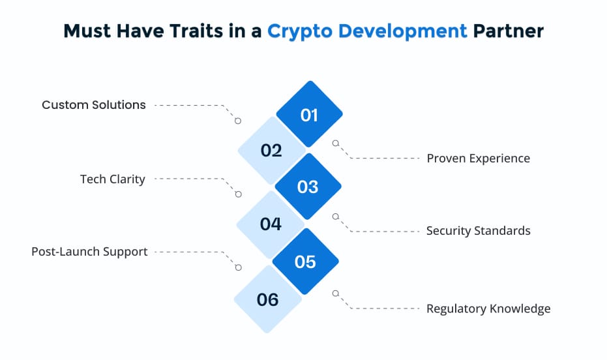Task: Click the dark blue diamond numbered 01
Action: click(309, 115)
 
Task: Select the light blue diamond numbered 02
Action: click(271, 151)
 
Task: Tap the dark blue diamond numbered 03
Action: click(308, 187)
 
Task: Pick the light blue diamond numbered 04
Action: click(270, 224)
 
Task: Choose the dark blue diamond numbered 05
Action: click(305, 262)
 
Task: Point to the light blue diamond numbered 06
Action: click(268, 299)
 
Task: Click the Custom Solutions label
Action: click(94, 105)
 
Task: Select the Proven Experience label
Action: click(478, 158)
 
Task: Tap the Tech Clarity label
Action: click(112, 179)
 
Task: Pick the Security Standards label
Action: click(478, 231)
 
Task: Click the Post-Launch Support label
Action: click(89, 252)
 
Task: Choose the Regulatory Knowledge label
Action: click(488, 308)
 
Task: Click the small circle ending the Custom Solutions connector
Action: click(238, 121)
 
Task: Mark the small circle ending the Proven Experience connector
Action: click(336, 143)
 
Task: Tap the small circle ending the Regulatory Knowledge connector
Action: click(336, 293)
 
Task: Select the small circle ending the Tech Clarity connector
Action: click(238, 194)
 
